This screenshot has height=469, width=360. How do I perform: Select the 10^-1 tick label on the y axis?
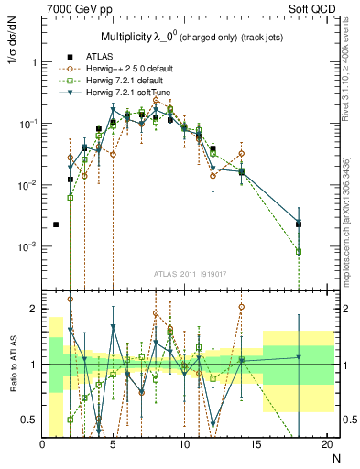coord(27,124)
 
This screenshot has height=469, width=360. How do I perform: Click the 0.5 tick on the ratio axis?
coord(29,420)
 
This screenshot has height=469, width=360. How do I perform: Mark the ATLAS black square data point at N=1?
coord(56,224)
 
